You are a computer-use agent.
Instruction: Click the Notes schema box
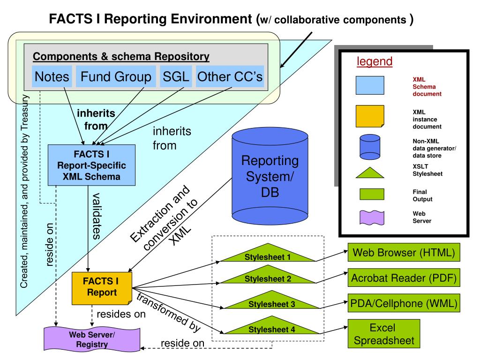pyautogui.click(x=52, y=77)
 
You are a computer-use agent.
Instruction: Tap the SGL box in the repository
pyautogui.click(x=176, y=77)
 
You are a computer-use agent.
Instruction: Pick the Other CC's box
pyautogui.click(x=230, y=77)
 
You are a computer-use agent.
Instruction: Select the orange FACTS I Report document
pyautogui.click(x=101, y=287)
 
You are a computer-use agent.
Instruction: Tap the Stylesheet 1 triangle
pyautogui.click(x=268, y=254)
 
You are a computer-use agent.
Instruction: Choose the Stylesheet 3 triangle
pyautogui.click(x=271, y=302)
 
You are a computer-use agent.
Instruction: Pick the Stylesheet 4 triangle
pyautogui.click(x=271, y=327)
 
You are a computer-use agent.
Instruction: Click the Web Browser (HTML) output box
pyautogui.click(x=404, y=253)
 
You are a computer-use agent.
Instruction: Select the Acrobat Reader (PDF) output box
pyautogui.click(x=404, y=278)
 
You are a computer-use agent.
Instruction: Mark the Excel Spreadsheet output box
pyautogui.click(x=384, y=334)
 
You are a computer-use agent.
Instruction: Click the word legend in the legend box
pyautogui.click(x=375, y=61)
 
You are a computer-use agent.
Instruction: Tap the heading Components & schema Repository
pyautogui.click(x=121, y=57)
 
